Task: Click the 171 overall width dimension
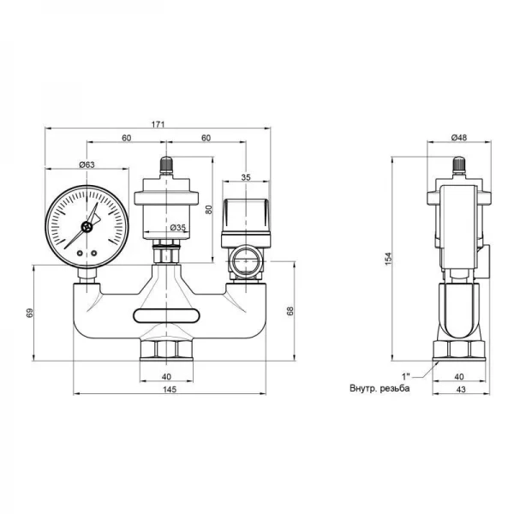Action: [x=158, y=126]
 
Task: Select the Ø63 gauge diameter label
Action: [x=87, y=164]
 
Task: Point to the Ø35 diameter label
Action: [x=178, y=227]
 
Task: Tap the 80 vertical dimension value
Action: [x=209, y=206]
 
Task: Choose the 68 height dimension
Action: [x=289, y=312]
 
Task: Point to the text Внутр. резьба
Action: [x=380, y=388]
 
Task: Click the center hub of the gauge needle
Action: [x=86, y=228]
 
